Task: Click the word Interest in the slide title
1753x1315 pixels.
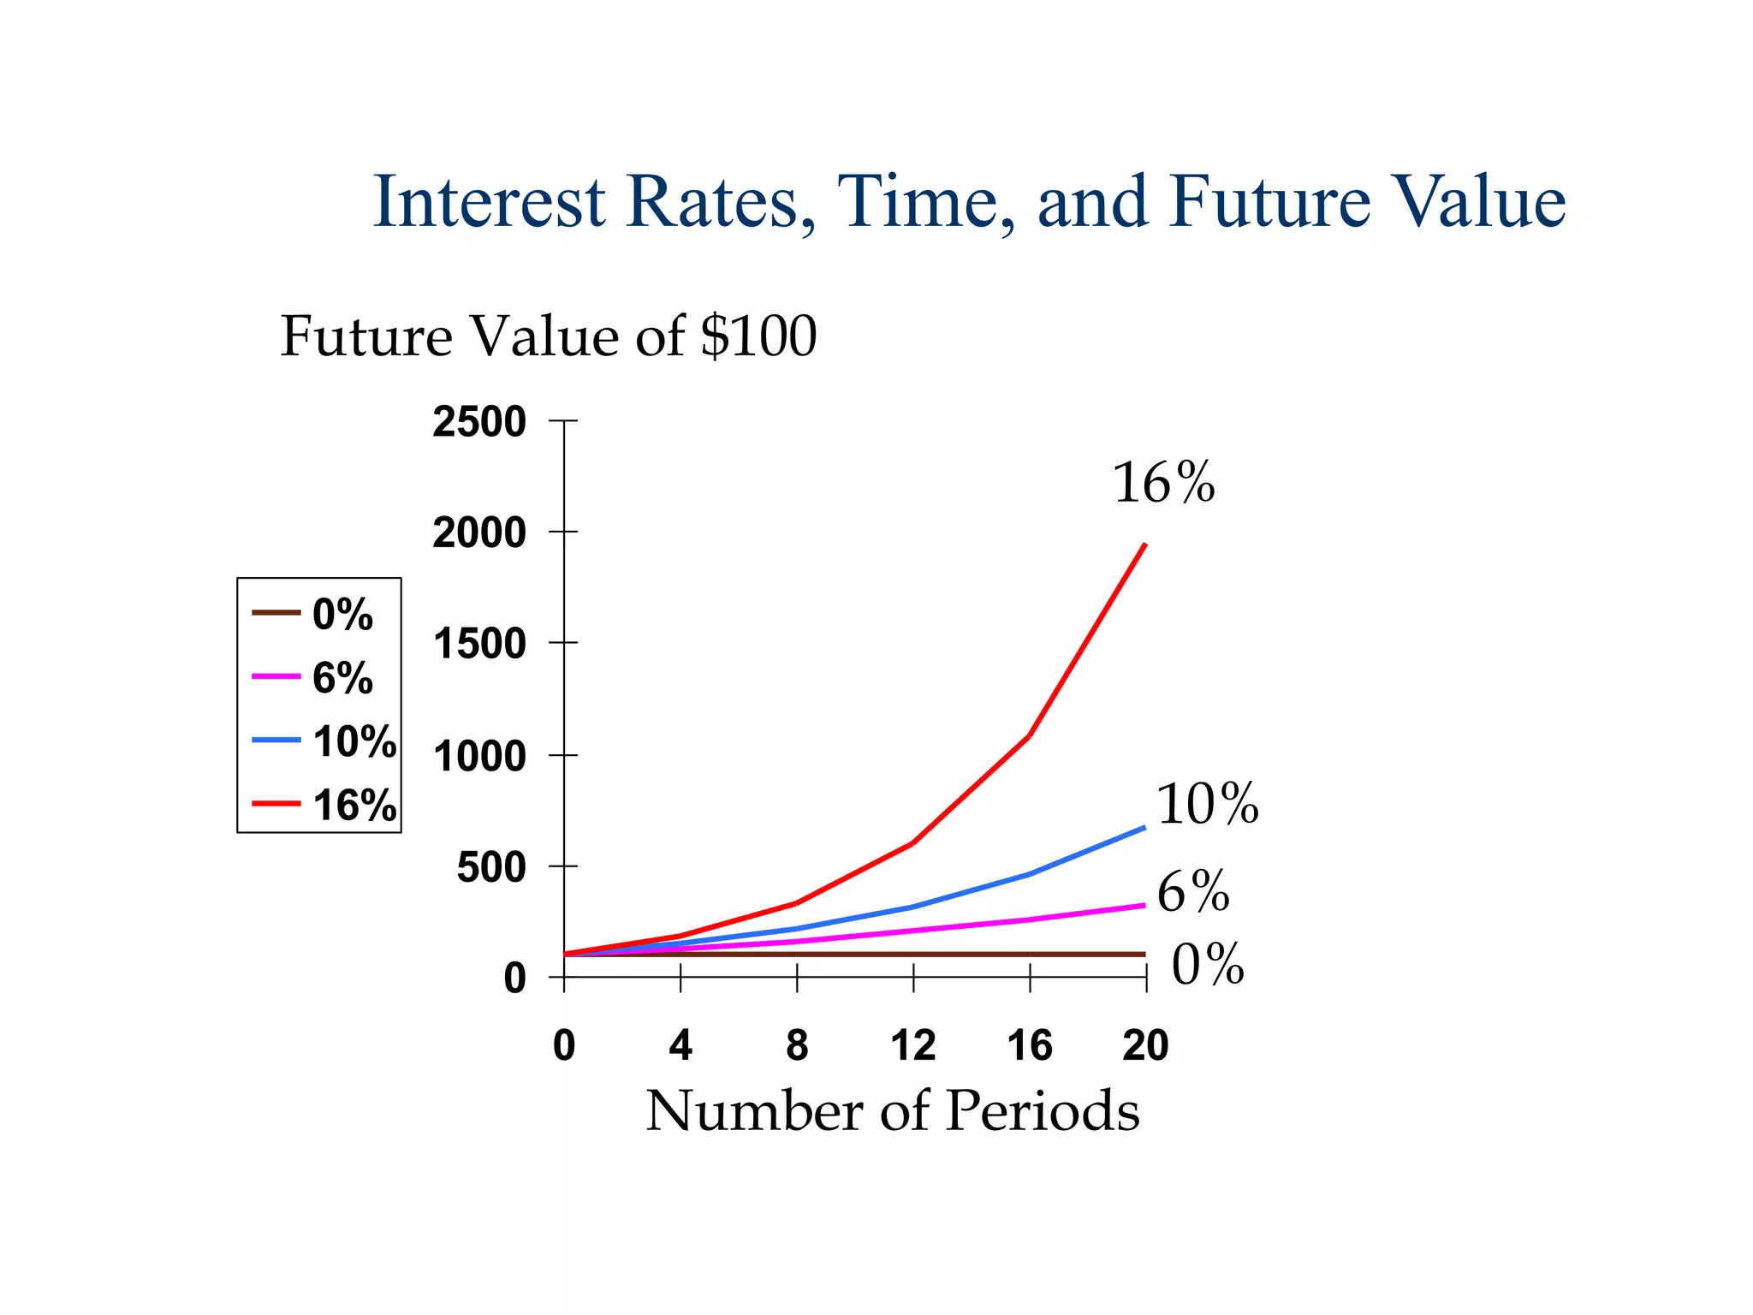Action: [x=490, y=202]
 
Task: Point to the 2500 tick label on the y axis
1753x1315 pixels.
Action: [x=478, y=422]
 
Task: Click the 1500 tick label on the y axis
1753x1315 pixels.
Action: [x=478, y=644]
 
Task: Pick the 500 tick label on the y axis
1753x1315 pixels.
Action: [x=490, y=867]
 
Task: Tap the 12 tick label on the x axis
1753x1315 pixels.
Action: [x=912, y=1045]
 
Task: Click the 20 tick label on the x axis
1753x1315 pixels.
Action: [x=1145, y=1045]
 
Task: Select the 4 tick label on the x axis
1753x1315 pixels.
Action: [x=680, y=1045]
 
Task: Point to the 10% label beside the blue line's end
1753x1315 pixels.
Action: [x=1207, y=804]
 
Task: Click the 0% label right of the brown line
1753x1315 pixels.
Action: [x=1207, y=964]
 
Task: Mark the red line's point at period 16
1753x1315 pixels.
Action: [x=1029, y=735]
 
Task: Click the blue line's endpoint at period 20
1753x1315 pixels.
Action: [x=1144, y=827]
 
